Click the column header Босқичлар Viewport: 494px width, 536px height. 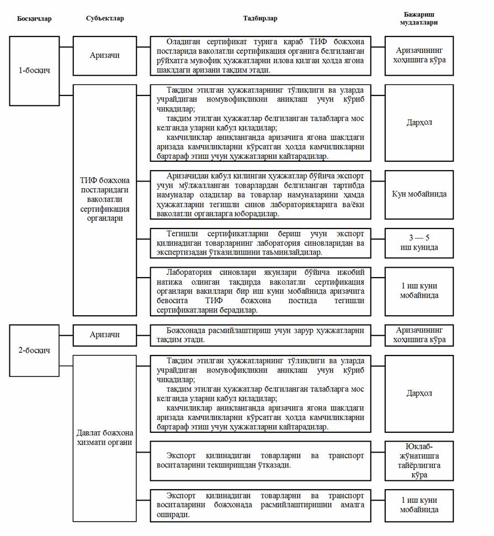point(34,18)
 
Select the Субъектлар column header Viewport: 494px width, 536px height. point(105,18)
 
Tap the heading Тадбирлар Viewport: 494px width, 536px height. point(260,18)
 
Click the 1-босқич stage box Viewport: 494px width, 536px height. point(34,71)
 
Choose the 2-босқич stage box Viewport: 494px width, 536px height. point(34,350)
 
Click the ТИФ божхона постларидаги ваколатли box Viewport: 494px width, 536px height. point(105,199)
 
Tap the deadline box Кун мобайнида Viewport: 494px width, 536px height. point(419,194)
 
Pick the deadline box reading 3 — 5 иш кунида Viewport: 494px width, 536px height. point(419,242)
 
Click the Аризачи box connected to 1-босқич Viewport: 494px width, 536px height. point(105,55)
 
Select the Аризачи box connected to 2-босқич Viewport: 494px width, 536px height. point(105,335)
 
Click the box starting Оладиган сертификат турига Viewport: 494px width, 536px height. point(260,56)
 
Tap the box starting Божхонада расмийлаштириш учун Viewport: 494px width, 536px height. point(260,335)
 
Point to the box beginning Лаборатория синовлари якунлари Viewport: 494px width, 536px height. point(260,291)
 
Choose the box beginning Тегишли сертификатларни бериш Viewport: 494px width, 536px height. point(260,242)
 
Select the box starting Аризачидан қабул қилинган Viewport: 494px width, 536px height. point(260,194)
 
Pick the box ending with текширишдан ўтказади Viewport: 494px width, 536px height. point(260,461)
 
